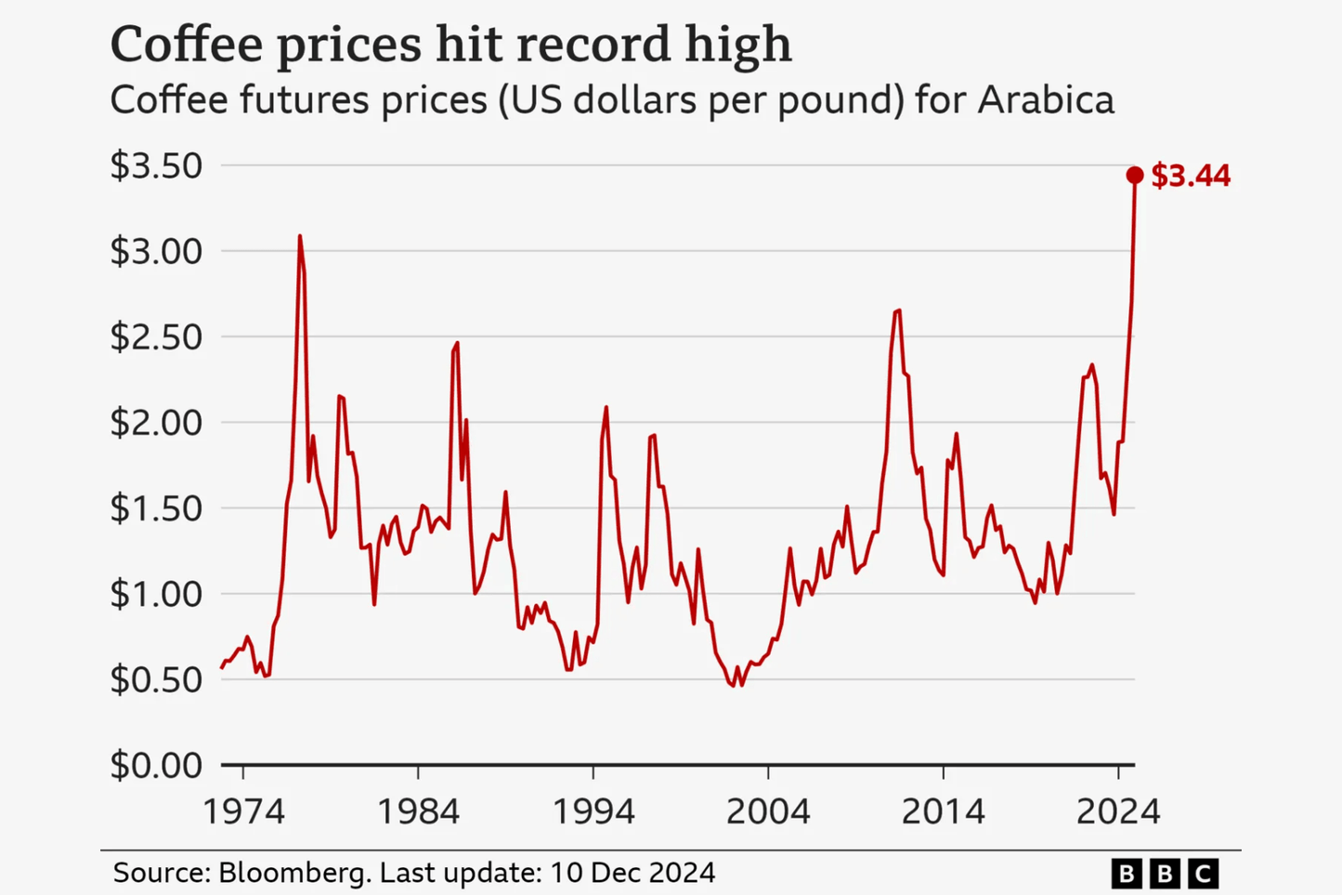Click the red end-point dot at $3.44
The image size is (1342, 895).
click(1134, 175)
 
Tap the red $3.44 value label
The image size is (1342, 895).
click(1191, 176)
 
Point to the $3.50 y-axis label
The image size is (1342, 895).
click(156, 166)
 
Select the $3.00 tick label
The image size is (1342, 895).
click(156, 252)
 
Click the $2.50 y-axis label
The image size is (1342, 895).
click(156, 337)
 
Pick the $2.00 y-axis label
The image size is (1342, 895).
click(156, 423)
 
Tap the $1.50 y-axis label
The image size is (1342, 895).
click(156, 508)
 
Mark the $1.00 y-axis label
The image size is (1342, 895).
click(156, 594)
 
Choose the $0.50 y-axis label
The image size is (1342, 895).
click(156, 679)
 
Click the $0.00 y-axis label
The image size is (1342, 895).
click(156, 765)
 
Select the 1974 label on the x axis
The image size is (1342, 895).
click(243, 811)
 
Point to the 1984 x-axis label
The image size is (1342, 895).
click(418, 811)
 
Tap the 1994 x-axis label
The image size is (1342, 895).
click(593, 811)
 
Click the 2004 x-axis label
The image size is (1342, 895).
click(768, 811)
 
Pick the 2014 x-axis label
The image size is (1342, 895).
click(943, 811)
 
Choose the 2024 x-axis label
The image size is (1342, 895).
click(1118, 811)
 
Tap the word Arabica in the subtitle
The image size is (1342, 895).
click(1046, 100)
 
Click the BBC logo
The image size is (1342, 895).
click(1165, 874)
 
